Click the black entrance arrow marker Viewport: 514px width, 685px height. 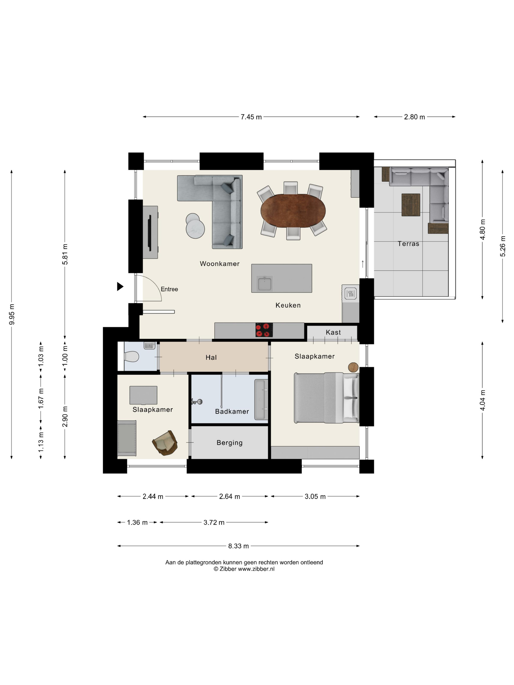(x=120, y=286)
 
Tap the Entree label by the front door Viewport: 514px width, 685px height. (x=169, y=289)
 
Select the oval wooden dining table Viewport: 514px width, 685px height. (x=293, y=211)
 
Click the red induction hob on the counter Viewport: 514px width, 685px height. (x=264, y=330)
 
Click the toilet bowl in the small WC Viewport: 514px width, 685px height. (x=131, y=356)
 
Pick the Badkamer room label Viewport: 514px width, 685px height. (x=232, y=411)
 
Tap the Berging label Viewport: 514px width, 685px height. (x=230, y=443)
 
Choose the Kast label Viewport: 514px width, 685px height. (x=333, y=332)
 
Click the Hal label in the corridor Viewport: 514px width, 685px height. (x=211, y=357)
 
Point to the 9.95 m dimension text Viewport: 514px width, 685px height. (x=12, y=314)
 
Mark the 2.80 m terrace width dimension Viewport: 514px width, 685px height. (x=414, y=117)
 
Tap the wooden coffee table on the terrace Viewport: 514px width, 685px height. (x=411, y=205)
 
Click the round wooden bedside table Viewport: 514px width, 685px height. (x=353, y=367)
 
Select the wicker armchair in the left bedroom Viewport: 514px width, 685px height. (x=165, y=443)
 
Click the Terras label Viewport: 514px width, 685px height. (x=408, y=244)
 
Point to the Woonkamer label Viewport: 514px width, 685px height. (x=220, y=264)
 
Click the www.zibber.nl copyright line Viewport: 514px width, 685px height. (x=244, y=569)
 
